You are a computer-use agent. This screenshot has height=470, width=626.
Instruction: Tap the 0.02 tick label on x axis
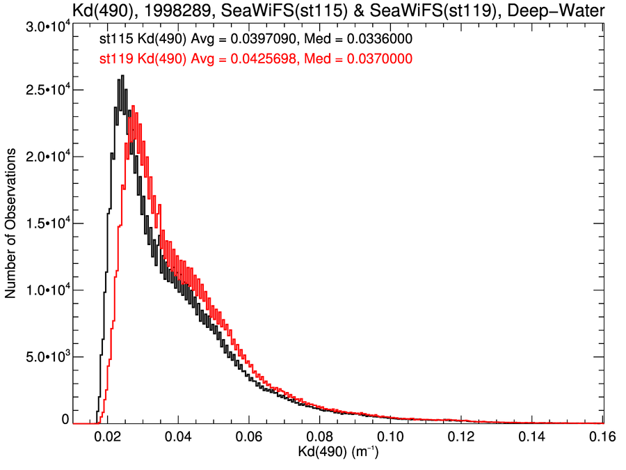coord(107,437)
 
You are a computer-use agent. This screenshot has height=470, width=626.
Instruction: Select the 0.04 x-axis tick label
coord(178,437)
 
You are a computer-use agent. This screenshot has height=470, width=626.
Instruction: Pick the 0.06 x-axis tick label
coord(249,437)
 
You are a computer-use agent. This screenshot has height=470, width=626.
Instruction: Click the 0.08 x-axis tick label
coord(320,437)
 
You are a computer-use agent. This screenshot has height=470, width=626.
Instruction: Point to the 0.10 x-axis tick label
coord(391,437)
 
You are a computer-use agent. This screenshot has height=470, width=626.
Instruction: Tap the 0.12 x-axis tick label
coord(461,437)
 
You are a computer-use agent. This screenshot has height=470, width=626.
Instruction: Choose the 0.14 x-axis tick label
coord(532,437)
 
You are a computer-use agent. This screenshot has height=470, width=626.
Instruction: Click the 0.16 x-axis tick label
coord(602,437)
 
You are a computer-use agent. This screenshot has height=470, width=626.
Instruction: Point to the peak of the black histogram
coord(122,76)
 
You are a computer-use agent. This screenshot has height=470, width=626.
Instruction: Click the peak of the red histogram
coord(132,107)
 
